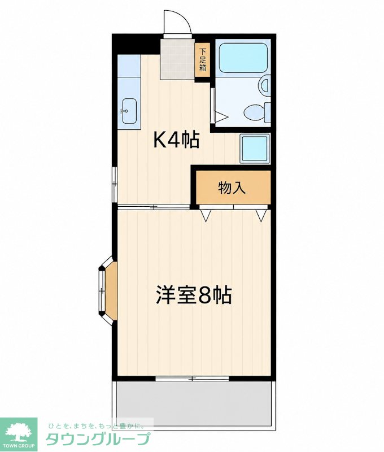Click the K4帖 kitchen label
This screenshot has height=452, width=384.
click(x=176, y=140)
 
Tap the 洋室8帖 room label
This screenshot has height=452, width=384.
click(x=194, y=295)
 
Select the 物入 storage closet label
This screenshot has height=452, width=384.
click(x=232, y=188)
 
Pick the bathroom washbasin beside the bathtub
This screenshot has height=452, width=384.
click(x=265, y=84)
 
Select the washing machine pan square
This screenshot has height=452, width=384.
click(x=254, y=149)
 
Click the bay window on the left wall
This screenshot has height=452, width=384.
click(x=108, y=290)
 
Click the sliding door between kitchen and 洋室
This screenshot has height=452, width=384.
click(x=154, y=207)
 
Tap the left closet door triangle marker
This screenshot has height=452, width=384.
click(x=206, y=215)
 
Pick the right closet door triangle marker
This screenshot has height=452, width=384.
click(x=261, y=215)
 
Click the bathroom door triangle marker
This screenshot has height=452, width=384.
click(x=222, y=118)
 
